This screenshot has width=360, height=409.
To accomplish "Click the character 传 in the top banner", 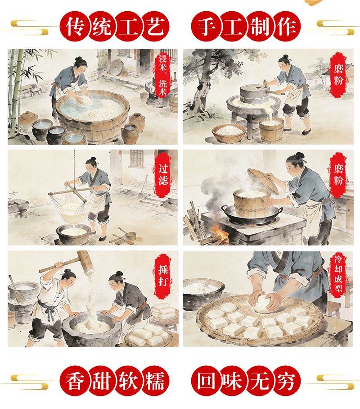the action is point(75,27).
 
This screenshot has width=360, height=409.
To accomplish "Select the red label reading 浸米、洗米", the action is point(163,75).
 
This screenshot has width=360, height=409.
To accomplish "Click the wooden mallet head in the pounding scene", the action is point(85,262).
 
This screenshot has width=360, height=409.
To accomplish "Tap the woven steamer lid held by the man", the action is point(263,181).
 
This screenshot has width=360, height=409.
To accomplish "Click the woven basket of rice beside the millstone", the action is point(229,133).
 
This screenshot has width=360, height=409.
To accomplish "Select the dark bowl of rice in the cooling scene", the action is point(202,293).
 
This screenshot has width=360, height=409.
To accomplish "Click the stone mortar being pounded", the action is point(92,330).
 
